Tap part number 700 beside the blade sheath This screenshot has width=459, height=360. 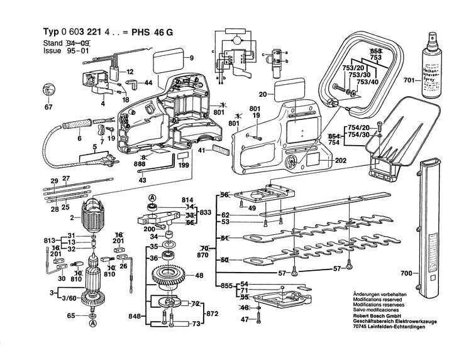[x=406, y=274]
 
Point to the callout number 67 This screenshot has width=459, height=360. [x=48, y=107]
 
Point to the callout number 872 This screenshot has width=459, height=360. [x=212, y=312]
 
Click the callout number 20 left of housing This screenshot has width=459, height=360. [x=263, y=95]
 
